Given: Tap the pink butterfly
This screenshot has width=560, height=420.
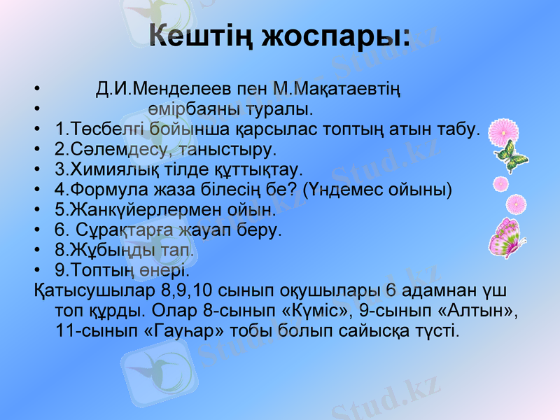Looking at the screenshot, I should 505,237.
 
